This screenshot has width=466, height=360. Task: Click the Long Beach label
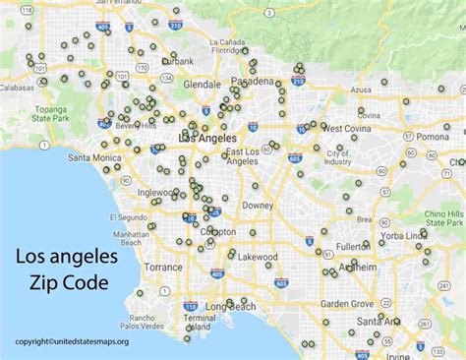[x=232, y=307]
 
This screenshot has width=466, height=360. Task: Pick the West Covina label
[x=345, y=128]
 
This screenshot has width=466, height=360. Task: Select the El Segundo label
[x=127, y=215]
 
